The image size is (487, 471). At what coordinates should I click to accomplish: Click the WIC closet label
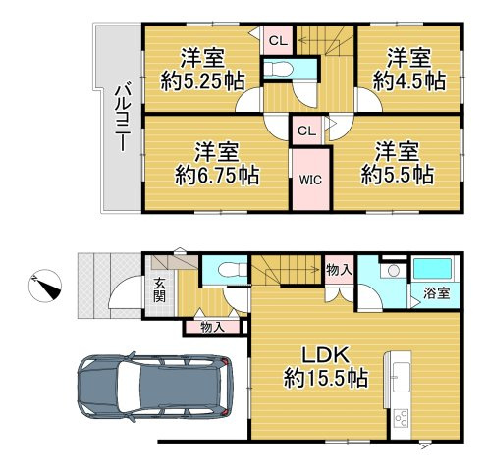click(x=310, y=180)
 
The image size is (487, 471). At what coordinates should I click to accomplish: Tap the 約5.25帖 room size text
click(x=203, y=81)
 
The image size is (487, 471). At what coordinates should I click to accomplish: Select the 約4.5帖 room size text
click(x=409, y=81)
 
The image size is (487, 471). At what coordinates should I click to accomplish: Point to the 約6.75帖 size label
click(x=217, y=176)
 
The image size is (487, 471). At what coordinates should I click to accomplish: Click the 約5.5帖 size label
click(x=398, y=175)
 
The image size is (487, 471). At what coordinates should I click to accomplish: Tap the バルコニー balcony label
click(x=123, y=119)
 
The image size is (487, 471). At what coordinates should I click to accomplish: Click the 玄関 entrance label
click(x=160, y=289)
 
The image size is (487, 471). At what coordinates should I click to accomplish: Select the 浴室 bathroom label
click(x=437, y=293)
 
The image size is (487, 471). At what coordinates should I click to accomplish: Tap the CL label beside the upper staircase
click(x=278, y=41)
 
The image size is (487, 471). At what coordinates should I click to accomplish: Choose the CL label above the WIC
click(x=307, y=131)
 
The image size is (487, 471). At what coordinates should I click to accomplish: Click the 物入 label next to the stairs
click(x=339, y=270)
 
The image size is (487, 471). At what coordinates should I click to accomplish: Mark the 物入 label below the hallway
click(x=213, y=327)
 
